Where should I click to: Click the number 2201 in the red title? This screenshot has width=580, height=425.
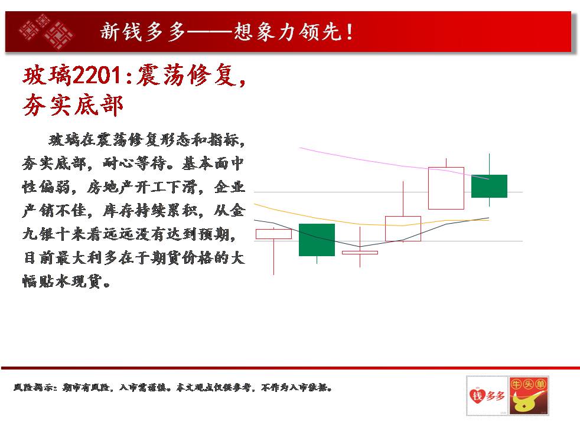point(96,76)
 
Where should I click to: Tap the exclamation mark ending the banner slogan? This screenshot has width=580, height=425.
point(350,32)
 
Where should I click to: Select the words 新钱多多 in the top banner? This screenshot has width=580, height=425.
point(142,32)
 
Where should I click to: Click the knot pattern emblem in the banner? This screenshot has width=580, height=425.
point(47,31)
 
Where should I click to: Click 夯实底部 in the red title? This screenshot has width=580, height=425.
point(73,106)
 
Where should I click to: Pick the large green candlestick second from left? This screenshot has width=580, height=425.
point(317,240)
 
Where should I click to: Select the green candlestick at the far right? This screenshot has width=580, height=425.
point(489,186)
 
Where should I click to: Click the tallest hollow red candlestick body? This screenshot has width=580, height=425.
point(446,188)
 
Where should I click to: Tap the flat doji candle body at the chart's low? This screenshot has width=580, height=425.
point(360,253)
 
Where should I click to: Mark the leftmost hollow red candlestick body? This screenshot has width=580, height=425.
point(273,234)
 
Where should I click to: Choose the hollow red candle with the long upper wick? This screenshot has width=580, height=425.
point(403,229)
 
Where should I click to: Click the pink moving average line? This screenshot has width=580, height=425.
point(393,164)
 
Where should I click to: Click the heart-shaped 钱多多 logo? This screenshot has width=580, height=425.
point(487,396)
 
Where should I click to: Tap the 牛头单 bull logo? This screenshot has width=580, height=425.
point(528,396)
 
